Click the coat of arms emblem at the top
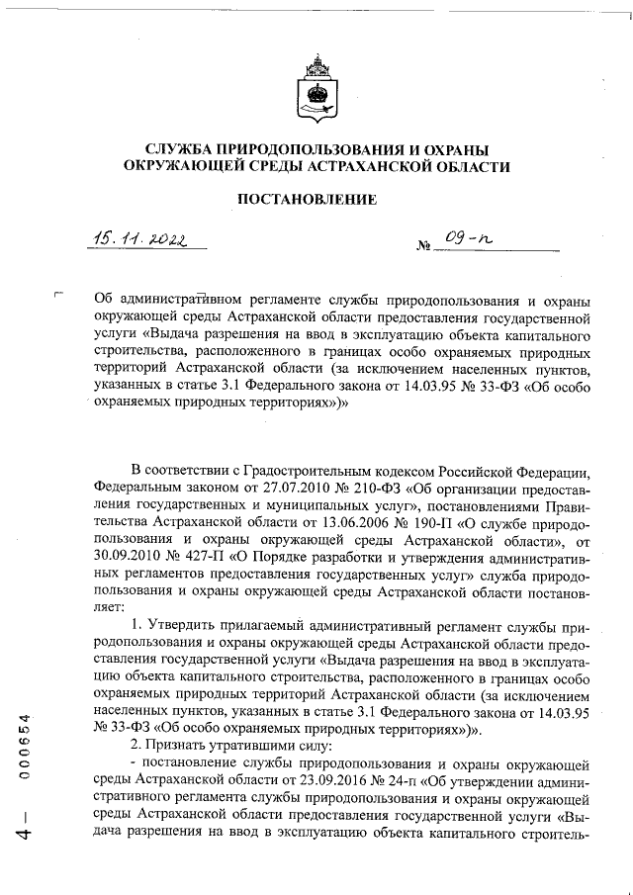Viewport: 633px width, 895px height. [316, 90]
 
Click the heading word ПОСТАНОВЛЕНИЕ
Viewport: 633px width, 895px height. [316, 199]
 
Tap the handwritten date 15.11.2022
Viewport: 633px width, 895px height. [140, 237]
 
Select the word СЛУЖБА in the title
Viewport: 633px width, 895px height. [186, 149]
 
